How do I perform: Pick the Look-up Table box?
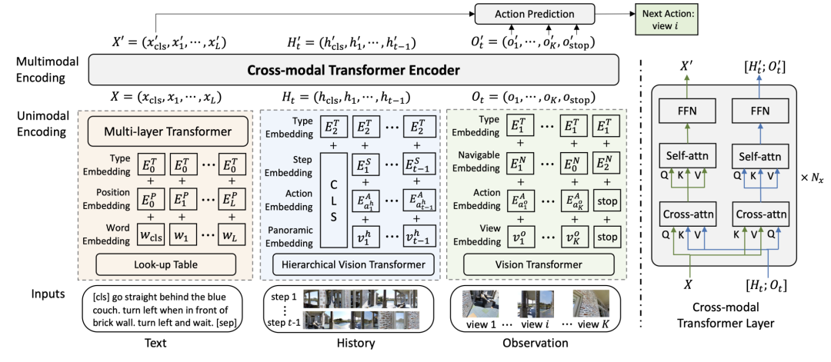click(x=165, y=264)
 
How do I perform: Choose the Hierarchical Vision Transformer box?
click(x=350, y=264)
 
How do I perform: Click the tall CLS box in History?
click(x=333, y=201)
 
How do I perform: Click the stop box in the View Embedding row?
click(x=606, y=237)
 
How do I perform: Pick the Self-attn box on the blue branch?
click(x=759, y=158)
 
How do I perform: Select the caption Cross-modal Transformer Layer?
click(x=724, y=314)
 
